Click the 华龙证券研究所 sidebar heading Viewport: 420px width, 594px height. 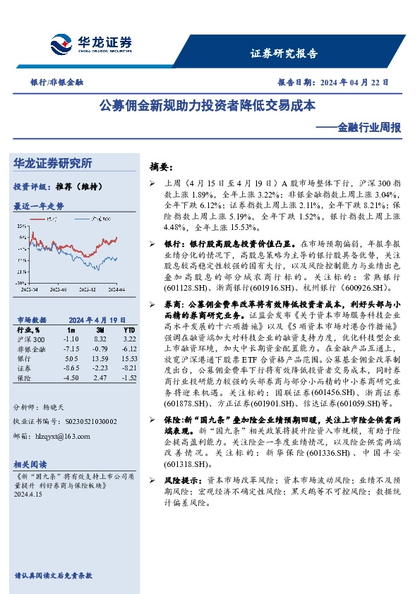coord(53,163)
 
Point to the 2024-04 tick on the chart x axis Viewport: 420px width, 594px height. coord(116,289)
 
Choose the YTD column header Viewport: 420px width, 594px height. coord(128,329)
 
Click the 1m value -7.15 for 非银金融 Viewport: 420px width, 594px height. coord(71,348)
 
